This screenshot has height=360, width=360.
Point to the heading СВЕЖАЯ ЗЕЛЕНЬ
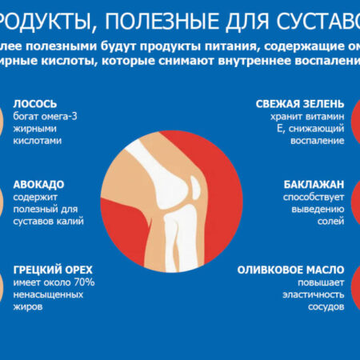click(x=300, y=104)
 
